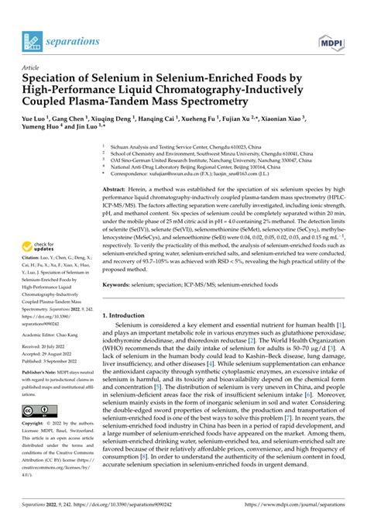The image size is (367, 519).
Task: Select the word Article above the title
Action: coord(31,67)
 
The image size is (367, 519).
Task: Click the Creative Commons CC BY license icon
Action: coord(37,410)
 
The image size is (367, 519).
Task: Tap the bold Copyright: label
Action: coord(34,424)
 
